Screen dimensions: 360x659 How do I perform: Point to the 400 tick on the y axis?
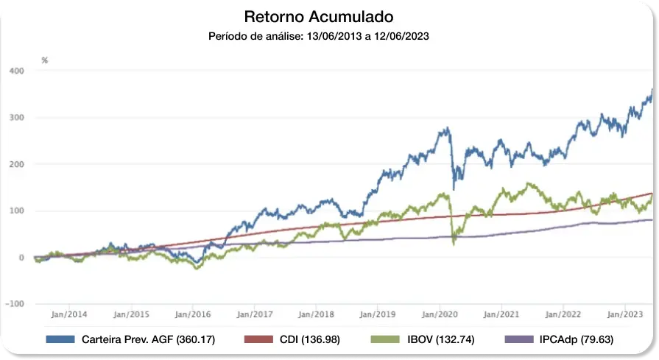tap(16, 71)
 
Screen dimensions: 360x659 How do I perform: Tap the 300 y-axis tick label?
tap(16, 118)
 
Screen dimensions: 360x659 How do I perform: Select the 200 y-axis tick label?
tap(16, 164)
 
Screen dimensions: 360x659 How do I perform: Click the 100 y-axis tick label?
tap(16, 211)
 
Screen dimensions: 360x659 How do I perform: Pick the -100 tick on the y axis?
tap(15, 304)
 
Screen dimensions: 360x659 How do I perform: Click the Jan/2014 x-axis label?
tap(70, 314)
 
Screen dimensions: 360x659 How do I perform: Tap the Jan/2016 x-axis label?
tap(194, 314)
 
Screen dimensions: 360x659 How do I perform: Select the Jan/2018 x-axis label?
tap(317, 314)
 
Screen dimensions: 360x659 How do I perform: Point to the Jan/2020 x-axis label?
tap(440, 314)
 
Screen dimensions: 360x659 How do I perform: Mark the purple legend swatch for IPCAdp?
tap(518, 339)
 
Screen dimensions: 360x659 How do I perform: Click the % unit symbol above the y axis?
tap(45, 60)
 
